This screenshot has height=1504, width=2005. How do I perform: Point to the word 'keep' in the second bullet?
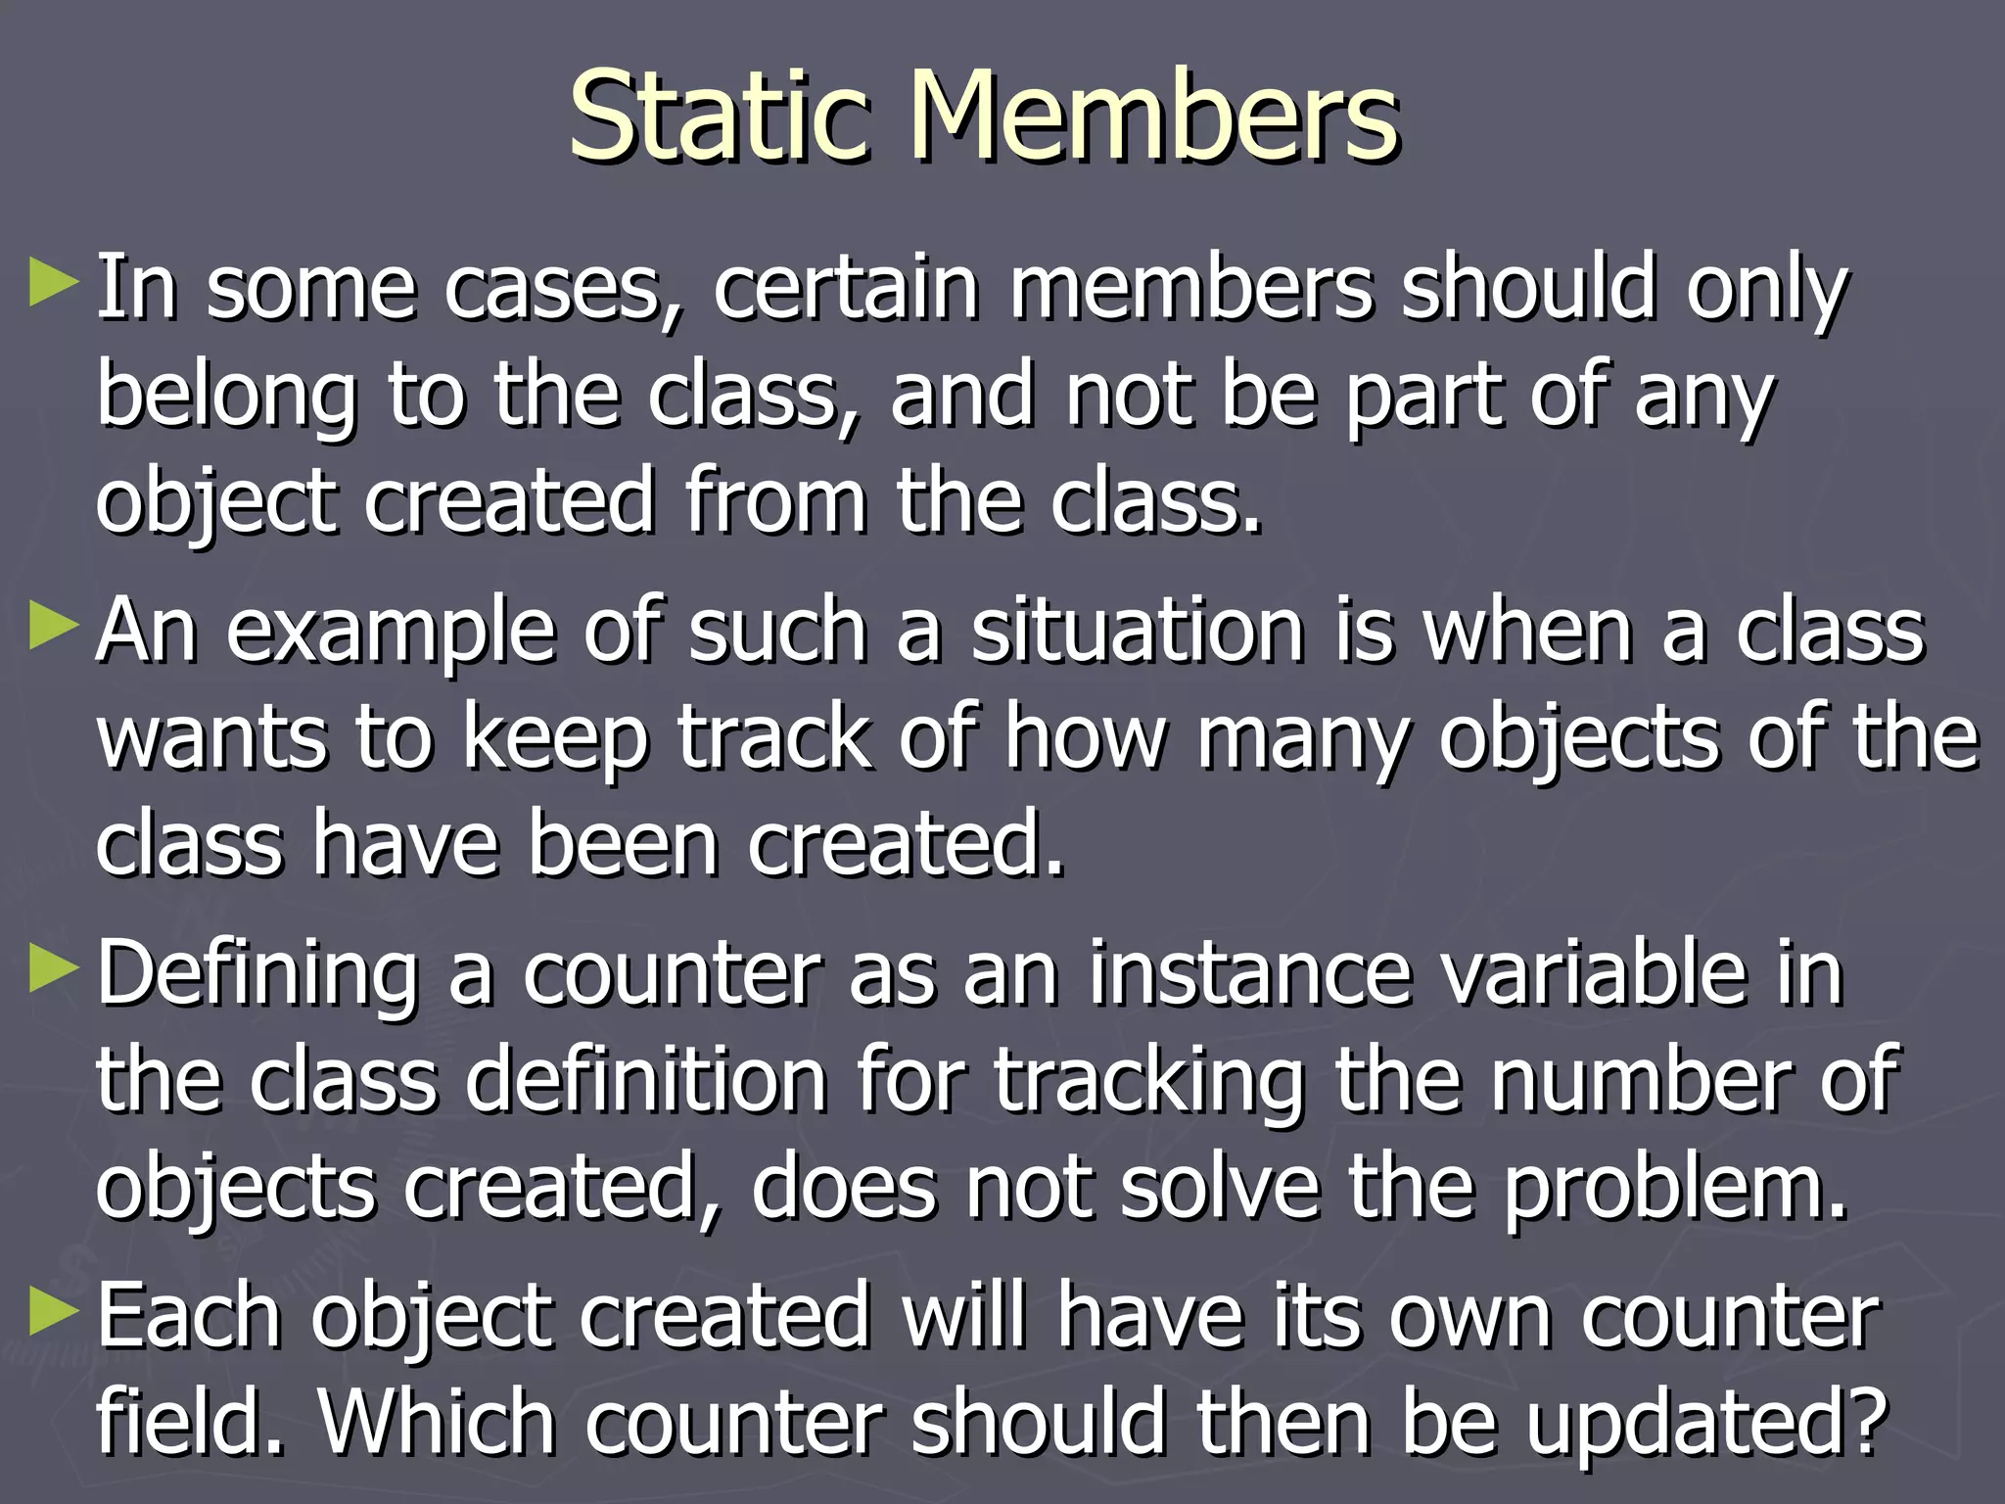point(554,739)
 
